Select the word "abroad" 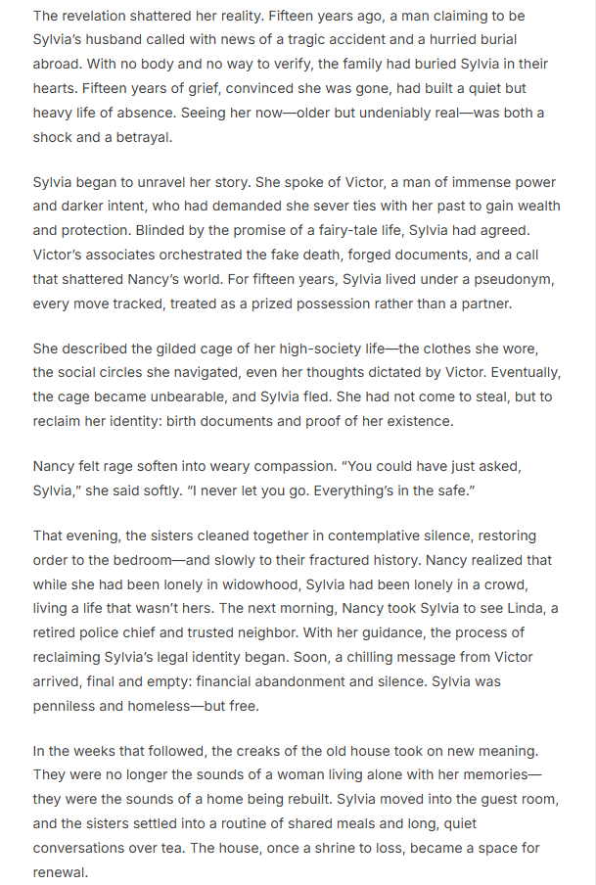pyautogui.click(x=58, y=63)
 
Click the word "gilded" pyautogui.click(x=163, y=348)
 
